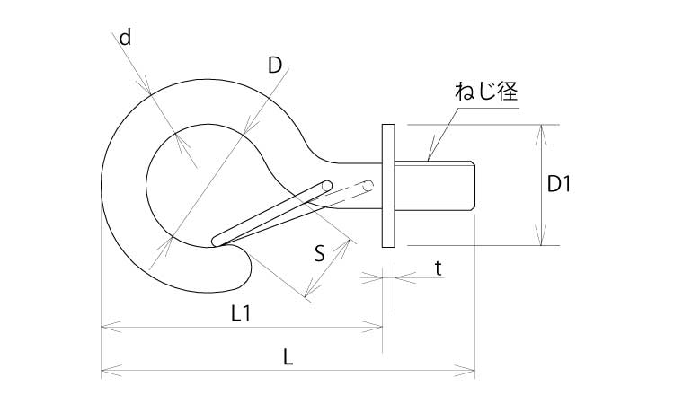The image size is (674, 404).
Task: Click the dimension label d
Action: pyautogui.click(x=125, y=38)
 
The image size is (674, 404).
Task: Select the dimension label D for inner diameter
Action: pyautogui.click(x=276, y=65)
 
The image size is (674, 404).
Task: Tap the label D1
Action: pyautogui.click(x=560, y=185)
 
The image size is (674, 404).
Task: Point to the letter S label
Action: pyautogui.click(x=319, y=252)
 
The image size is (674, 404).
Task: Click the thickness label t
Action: pyautogui.click(x=437, y=267)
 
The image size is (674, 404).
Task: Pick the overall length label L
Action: pyautogui.click(x=288, y=356)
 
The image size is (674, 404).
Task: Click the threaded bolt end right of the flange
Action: pyautogui.click(x=435, y=185)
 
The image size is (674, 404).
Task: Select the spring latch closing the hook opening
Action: pyautogui.click(x=270, y=214)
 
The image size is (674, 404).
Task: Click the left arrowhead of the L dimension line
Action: pyautogui.click(x=104, y=368)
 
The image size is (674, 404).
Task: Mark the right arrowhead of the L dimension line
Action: pyautogui.click(x=470, y=368)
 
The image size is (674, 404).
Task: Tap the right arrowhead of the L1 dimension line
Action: pyautogui.click(x=379, y=328)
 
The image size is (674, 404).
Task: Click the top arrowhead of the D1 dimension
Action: pyautogui.click(x=541, y=129)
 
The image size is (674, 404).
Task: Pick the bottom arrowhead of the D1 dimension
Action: pyautogui.click(x=541, y=241)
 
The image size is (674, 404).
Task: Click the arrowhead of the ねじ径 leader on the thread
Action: pyautogui.click(x=430, y=158)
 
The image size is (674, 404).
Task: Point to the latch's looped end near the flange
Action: pyautogui.click(x=368, y=187)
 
